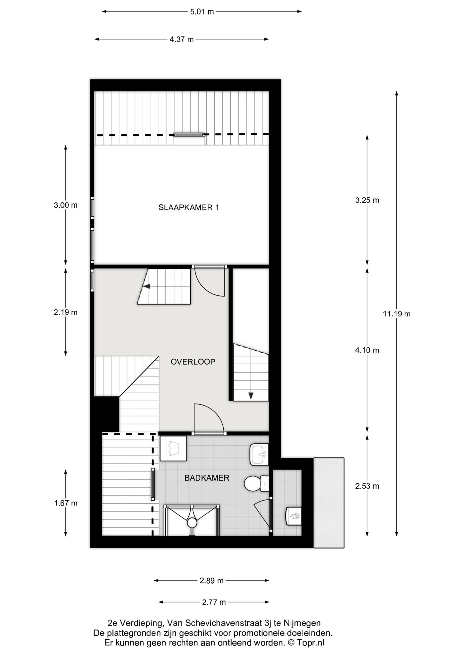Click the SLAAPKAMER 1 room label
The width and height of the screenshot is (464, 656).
(x=189, y=208)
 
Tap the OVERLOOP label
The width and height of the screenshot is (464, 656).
(x=193, y=362)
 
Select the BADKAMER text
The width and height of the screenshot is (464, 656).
(x=207, y=478)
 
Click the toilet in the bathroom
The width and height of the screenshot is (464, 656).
(x=256, y=483)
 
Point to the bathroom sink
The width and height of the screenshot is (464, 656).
(x=259, y=455)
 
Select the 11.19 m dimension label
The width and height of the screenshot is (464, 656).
(x=397, y=314)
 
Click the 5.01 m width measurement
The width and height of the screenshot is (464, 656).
(x=202, y=12)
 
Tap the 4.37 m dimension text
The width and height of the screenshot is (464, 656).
(x=182, y=40)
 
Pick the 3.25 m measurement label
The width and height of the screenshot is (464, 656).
(x=367, y=200)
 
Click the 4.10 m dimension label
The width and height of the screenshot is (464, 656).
(x=367, y=350)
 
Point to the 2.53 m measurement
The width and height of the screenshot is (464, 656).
(x=367, y=486)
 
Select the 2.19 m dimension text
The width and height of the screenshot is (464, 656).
(x=66, y=312)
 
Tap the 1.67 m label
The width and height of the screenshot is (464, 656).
(x=66, y=503)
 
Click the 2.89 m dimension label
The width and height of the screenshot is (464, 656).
(x=211, y=580)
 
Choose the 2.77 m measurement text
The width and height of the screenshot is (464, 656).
(x=214, y=602)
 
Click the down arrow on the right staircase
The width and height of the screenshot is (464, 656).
(x=251, y=396)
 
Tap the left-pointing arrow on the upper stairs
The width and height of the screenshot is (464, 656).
(x=146, y=286)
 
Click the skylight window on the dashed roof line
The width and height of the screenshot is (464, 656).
(x=189, y=135)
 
